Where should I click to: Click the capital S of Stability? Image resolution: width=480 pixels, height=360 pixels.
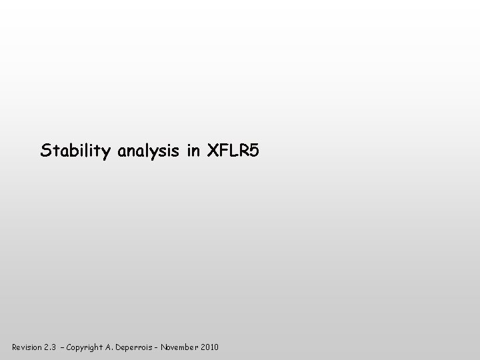(x=46, y=151)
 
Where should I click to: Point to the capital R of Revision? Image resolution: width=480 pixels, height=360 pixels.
(x=15, y=347)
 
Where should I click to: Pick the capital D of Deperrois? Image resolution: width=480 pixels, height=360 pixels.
(x=128, y=347)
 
